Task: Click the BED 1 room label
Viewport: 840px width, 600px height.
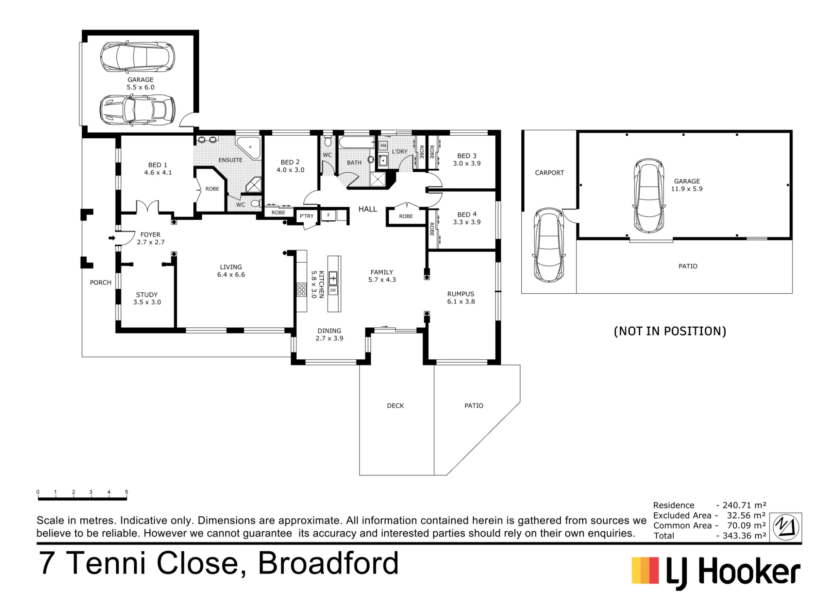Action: [x=158, y=168]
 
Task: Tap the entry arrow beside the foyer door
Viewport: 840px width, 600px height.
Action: [x=112, y=238]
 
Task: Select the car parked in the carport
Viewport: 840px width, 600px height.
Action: [x=549, y=245]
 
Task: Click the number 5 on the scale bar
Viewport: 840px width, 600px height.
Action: [x=126, y=492]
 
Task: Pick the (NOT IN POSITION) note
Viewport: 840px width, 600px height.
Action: [x=670, y=331]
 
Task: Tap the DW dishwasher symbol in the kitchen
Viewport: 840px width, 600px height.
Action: [x=333, y=290]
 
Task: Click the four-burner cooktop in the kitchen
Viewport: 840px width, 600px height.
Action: [x=302, y=289]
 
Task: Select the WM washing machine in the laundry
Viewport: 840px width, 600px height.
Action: [x=383, y=145]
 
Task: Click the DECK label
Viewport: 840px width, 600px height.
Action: [x=395, y=405]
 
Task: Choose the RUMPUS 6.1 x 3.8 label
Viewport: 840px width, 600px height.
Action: [x=461, y=297]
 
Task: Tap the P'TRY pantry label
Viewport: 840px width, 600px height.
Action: [x=307, y=216]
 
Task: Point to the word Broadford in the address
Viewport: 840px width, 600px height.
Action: [x=328, y=563]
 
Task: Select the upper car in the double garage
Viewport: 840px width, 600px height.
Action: [x=137, y=57]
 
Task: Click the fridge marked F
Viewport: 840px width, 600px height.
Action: [x=328, y=216]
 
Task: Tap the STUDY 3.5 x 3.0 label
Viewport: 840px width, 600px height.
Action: [x=147, y=298]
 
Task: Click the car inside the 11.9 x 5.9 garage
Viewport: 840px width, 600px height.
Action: [x=649, y=196]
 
